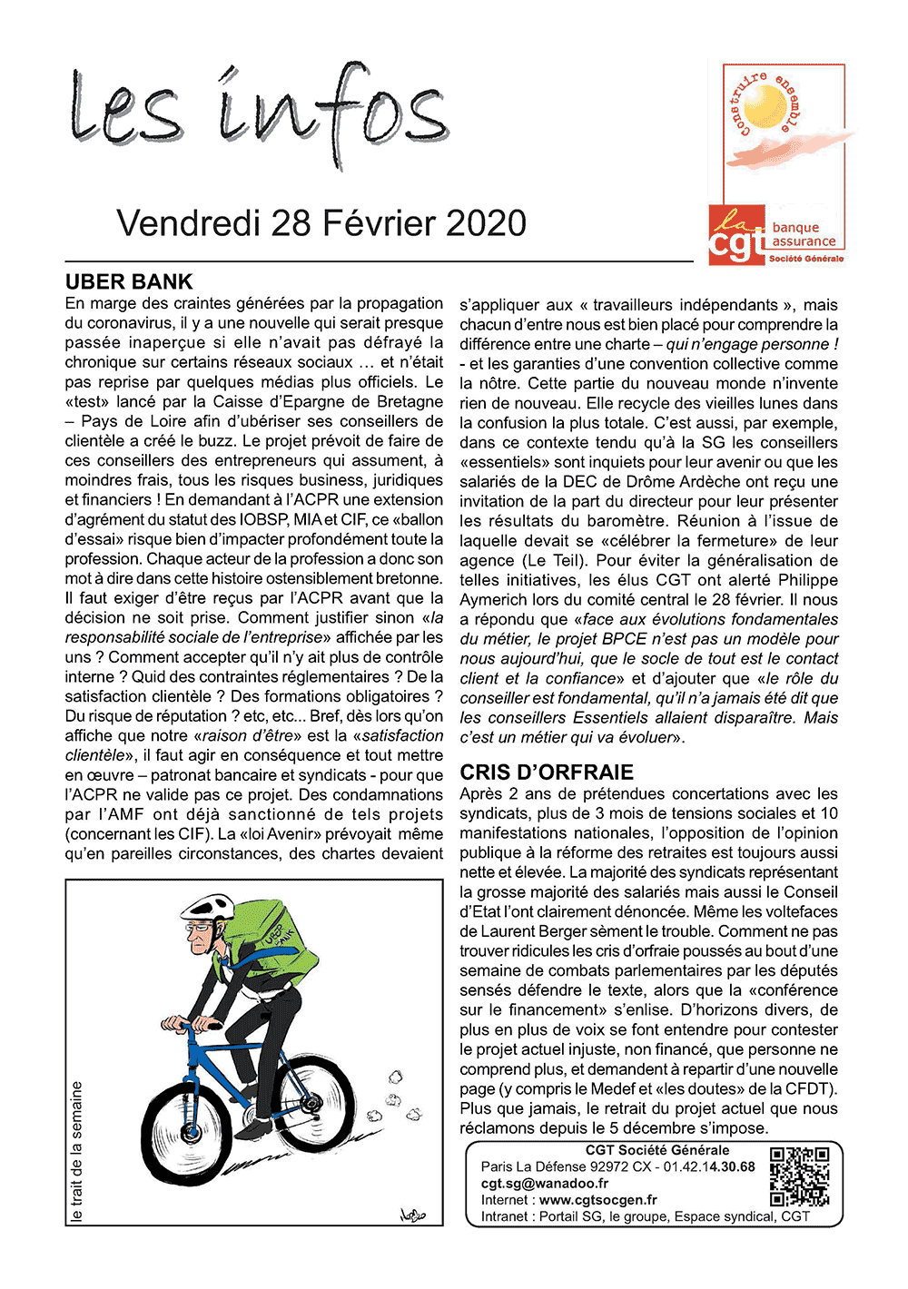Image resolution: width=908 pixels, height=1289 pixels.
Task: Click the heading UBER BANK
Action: click(129, 281)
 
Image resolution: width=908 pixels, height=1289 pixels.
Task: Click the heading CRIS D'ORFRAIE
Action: click(547, 772)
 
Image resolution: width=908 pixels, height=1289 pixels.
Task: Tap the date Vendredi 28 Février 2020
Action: click(321, 223)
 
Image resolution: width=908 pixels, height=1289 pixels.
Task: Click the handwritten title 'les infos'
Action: click(259, 113)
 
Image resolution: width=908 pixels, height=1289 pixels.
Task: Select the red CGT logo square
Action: click(736, 235)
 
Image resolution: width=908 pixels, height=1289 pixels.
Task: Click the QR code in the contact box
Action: click(799, 1176)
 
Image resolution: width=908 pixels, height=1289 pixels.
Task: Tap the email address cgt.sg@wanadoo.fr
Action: click(545, 1184)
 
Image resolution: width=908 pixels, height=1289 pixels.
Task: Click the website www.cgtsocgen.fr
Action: click(597, 1200)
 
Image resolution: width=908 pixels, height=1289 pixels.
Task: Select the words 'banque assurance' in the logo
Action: click(803, 235)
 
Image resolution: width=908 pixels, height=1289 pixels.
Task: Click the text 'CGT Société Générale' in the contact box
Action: click(657, 1150)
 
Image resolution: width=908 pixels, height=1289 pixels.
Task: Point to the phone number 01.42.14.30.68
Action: click(709, 1166)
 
